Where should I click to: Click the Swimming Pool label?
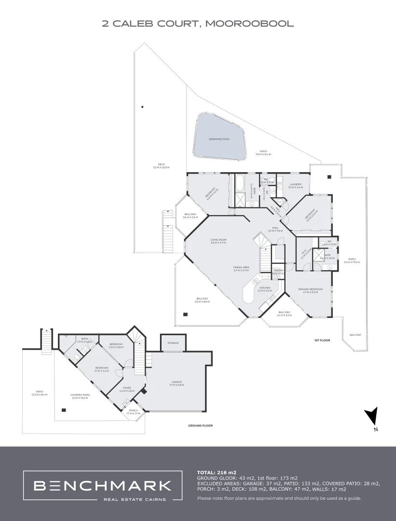(219, 139)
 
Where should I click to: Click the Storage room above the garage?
(173, 343)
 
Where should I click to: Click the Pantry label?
(278, 271)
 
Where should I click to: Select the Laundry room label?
(296, 184)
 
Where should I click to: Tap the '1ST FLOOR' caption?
(322, 341)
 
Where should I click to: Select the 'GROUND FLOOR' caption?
(200, 425)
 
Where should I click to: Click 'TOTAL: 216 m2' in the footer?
(217, 472)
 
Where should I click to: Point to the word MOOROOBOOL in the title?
(249, 23)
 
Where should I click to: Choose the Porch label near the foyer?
(133, 411)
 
